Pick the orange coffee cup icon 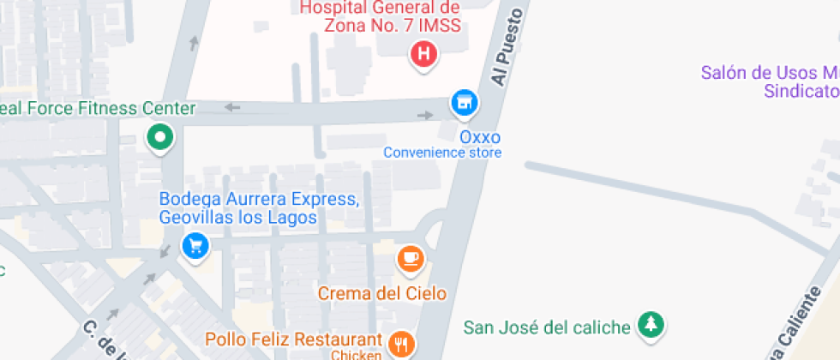(411, 258)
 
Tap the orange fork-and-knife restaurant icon (400, 345)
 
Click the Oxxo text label (480, 137)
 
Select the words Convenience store (442, 153)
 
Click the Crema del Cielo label (382, 293)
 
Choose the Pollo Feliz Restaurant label (293, 339)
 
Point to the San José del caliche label (547, 327)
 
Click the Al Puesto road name (507, 47)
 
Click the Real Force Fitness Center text (98, 109)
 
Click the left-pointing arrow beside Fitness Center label (231, 107)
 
